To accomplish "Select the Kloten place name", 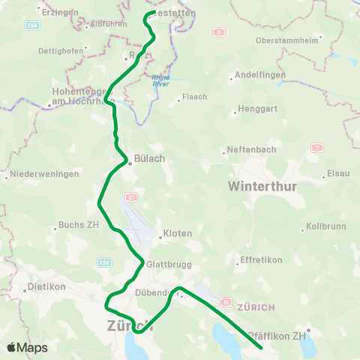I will [178, 234].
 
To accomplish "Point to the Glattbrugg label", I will [166, 264].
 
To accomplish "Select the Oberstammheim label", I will [286, 40].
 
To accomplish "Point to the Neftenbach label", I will [251, 150].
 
